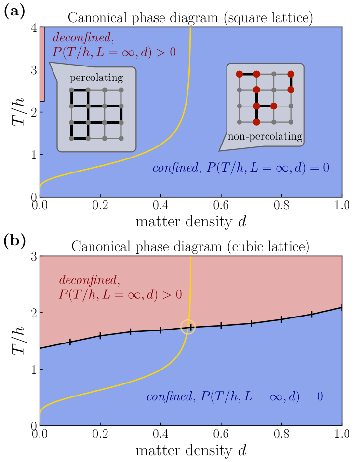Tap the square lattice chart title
[190, 19]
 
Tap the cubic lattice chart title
[190, 246]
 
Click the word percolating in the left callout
[96, 78]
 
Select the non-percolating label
[265, 137]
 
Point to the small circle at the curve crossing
[188, 327]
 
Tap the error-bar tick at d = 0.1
[70, 342]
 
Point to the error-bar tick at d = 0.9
[312, 314]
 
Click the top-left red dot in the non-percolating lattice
[239, 74]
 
